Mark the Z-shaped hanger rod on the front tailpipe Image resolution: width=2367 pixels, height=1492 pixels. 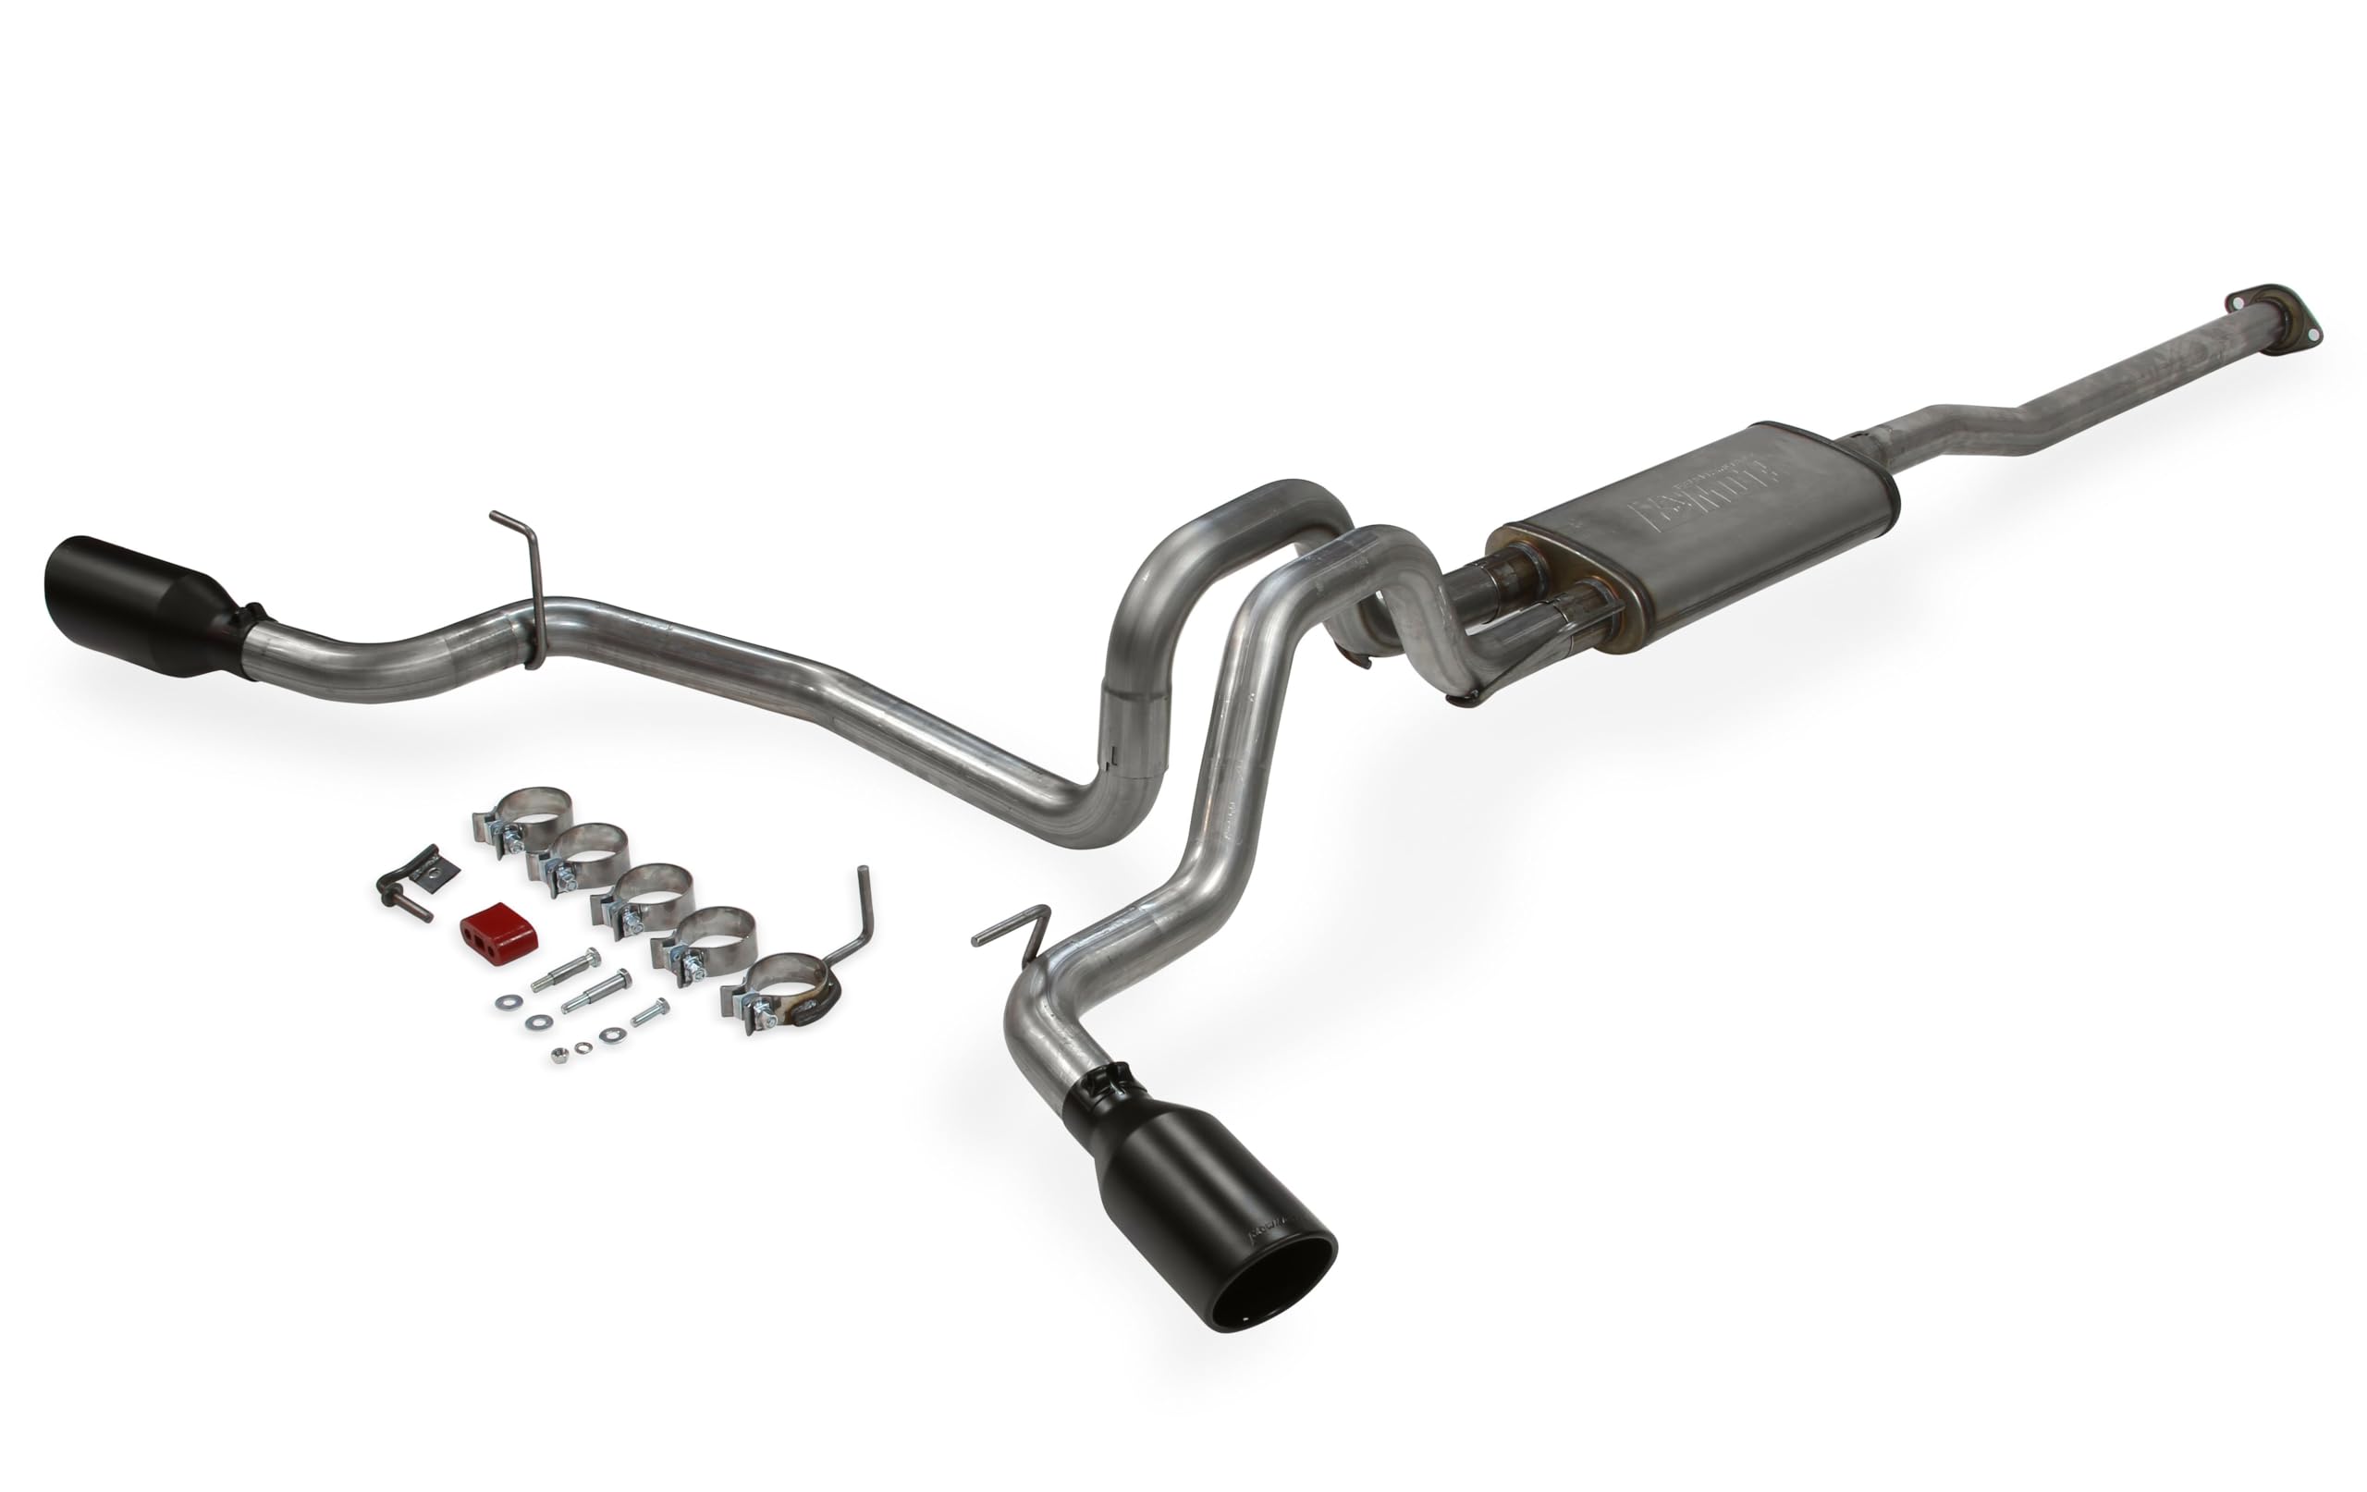click(1015, 935)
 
